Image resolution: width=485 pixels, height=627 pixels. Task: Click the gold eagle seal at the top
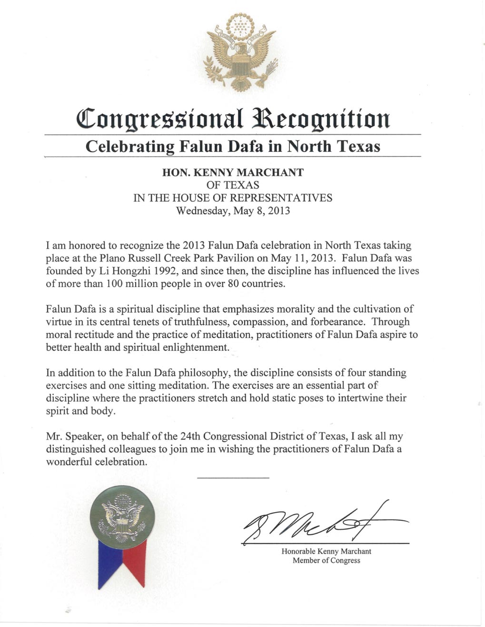[x=241, y=52]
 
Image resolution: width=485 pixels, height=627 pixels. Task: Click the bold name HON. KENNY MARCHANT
[x=233, y=172]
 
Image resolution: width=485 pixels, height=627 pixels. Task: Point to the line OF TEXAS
[x=232, y=185]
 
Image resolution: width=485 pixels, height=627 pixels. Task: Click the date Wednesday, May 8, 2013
[x=233, y=210]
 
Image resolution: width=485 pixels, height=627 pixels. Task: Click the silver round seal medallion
[x=122, y=515]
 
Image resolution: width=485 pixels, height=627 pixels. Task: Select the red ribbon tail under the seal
[x=135, y=562]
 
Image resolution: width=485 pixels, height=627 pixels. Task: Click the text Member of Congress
[x=326, y=560]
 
